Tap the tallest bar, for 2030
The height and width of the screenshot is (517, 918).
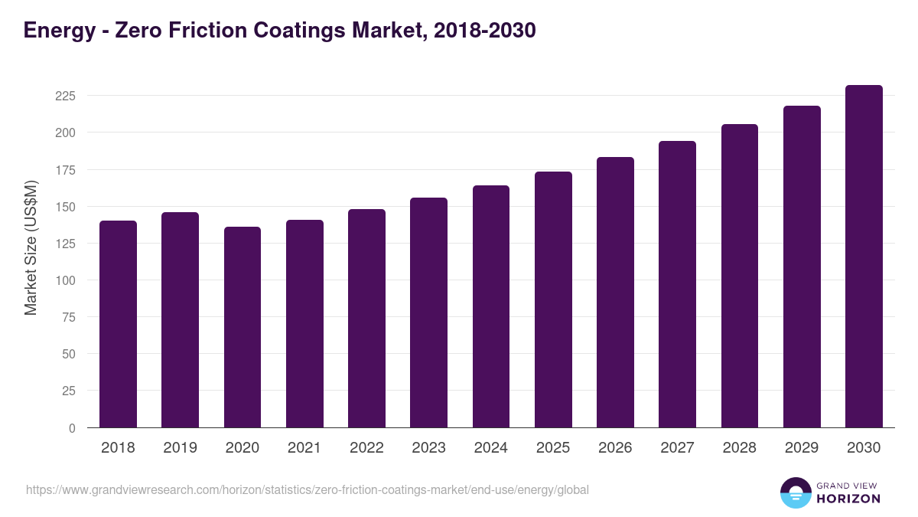point(864,257)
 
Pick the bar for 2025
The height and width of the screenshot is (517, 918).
point(553,299)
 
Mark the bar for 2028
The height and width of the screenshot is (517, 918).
point(740,276)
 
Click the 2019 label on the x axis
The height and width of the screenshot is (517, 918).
point(180,448)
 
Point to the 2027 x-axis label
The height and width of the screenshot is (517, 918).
point(677,448)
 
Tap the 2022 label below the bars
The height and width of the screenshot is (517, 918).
point(366,448)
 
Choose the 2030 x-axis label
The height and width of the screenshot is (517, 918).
point(864,448)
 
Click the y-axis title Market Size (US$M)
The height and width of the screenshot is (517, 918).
point(31,248)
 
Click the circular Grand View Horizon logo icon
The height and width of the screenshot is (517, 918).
point(795,492)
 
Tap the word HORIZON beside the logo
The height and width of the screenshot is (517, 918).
point(849,499)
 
